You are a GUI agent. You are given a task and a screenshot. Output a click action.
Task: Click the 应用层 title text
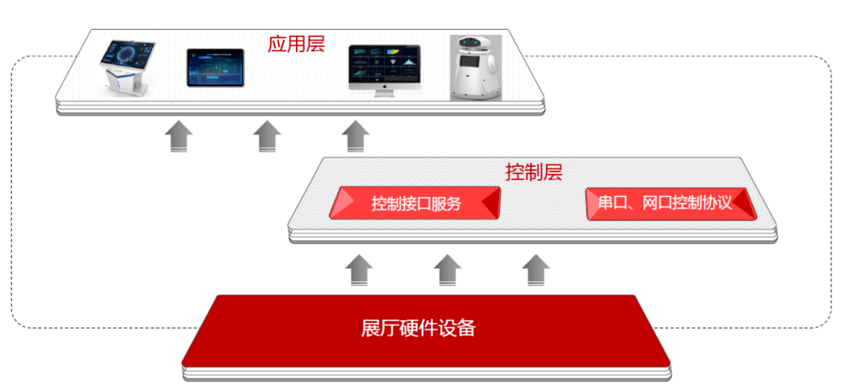295,43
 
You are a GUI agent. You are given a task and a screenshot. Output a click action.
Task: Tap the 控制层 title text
533,172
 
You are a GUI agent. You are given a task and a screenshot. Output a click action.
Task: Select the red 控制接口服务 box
415,204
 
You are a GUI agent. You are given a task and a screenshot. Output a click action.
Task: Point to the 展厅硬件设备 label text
418,328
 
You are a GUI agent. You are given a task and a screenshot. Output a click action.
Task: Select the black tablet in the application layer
215,67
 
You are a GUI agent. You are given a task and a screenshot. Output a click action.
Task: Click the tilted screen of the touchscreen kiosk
127,56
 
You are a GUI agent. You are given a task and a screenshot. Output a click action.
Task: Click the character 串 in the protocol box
606,203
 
